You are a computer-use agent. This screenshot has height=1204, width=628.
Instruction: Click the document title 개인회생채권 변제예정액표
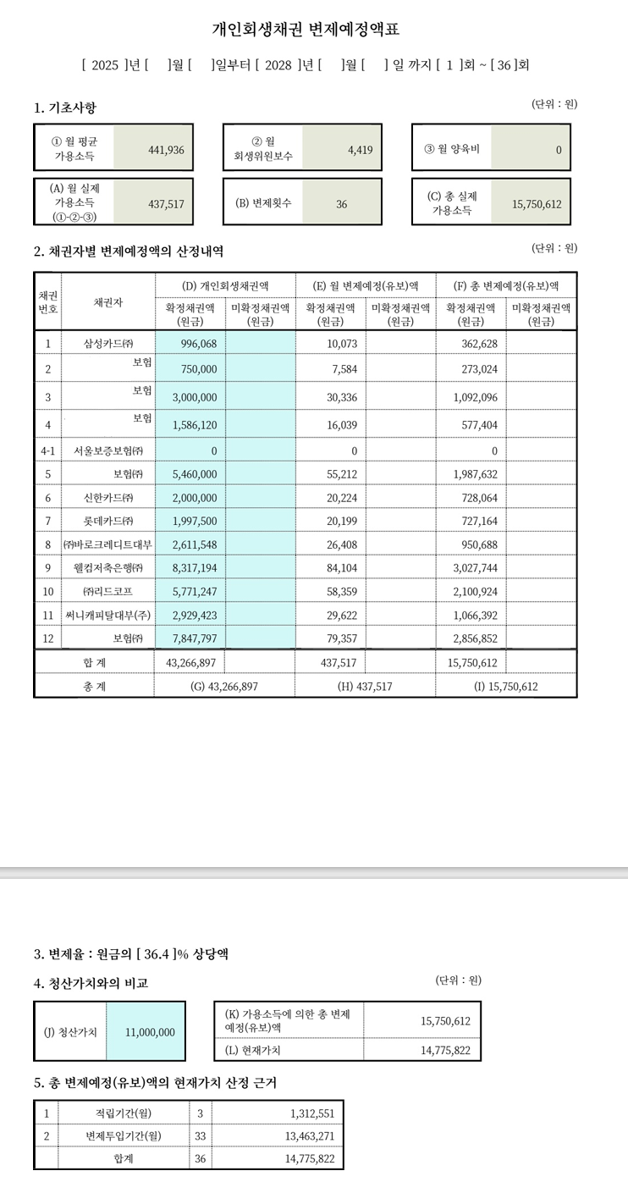305,30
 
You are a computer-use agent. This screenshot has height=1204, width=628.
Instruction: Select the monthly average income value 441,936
166,150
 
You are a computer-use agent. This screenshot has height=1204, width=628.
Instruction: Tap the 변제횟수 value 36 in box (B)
341,204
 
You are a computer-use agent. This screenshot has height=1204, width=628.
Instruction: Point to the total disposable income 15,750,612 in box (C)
537,204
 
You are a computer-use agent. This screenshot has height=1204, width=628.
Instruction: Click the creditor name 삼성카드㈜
108,343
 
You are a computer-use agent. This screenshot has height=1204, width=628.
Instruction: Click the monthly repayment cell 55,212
341,473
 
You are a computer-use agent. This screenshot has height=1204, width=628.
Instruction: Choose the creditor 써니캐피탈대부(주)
108,613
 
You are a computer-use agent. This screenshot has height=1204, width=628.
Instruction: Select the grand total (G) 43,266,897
225,687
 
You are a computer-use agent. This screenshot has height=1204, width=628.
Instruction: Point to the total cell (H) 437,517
365,687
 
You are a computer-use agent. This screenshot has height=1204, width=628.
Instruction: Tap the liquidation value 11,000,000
150,1032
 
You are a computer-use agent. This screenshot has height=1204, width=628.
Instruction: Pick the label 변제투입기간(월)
124,1135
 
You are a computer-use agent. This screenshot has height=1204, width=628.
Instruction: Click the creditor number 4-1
48,450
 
